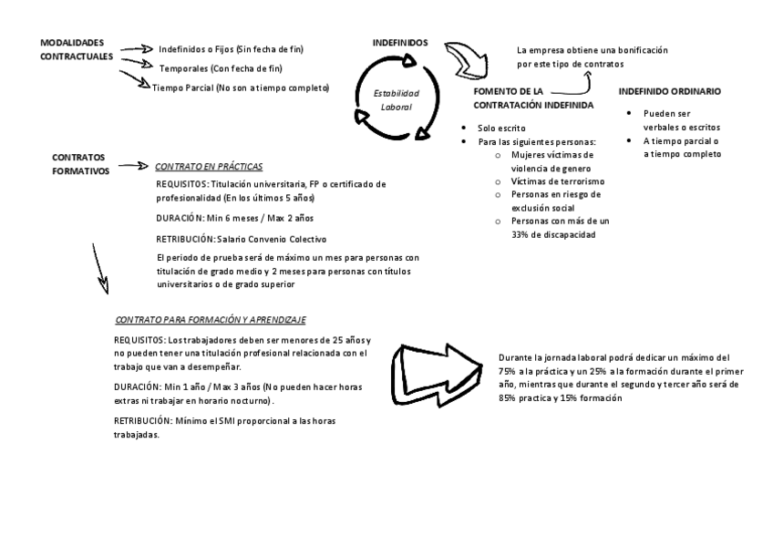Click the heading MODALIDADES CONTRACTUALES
tap(77, 49)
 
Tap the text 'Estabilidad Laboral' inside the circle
tap(397, 99)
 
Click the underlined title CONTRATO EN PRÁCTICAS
tap(209, 167)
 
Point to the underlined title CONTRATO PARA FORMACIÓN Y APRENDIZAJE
tap(211, 320)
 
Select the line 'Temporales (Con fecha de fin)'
tap(221, 68)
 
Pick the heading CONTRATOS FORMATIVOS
tap(80, 163)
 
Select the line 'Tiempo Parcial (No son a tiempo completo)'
tap(241, 88)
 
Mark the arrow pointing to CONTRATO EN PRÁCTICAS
tap(132, 167)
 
